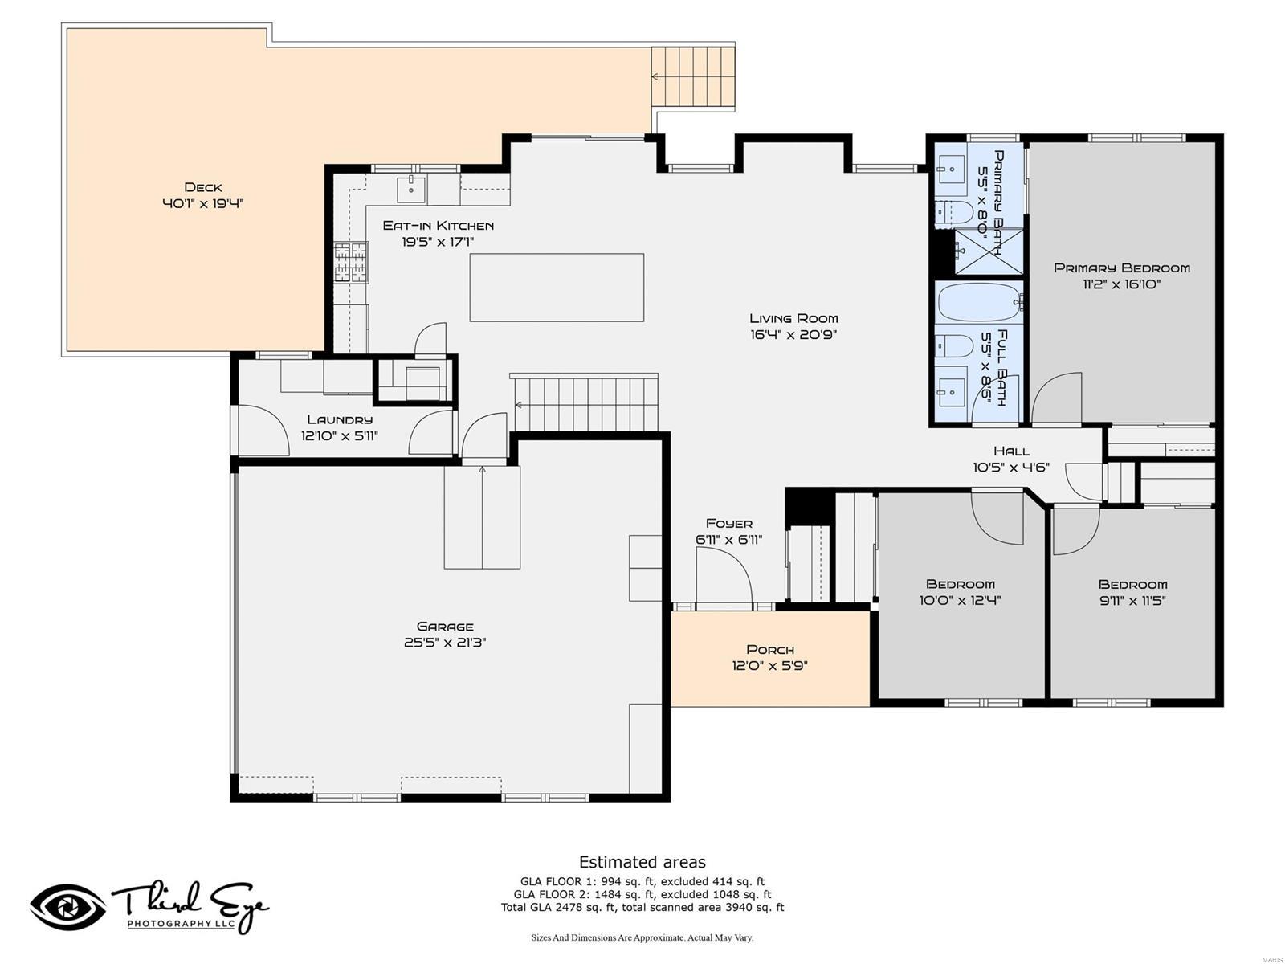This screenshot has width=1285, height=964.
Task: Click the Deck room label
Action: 202,187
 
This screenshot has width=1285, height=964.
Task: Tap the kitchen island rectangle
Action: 557,288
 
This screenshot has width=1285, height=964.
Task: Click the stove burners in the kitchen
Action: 351,263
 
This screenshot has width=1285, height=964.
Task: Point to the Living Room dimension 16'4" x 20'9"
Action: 793,335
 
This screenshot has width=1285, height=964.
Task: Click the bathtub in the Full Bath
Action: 979,302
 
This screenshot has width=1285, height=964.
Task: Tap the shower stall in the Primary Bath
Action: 988,251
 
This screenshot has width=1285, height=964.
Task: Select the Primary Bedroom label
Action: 1121,268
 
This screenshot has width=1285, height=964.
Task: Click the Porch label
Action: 769,649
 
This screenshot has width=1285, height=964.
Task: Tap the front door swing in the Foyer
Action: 723,576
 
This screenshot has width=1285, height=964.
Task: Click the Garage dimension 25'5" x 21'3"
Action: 445,643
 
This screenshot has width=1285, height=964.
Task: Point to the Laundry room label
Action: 340,419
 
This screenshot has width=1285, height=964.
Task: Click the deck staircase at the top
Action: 693,76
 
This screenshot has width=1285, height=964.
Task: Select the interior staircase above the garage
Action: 585,404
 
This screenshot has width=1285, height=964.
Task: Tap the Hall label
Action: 1011,451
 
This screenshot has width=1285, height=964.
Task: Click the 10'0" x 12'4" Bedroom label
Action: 960,584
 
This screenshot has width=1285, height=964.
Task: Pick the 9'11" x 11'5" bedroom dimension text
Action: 1132,601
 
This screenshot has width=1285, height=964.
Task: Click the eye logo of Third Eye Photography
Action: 68,907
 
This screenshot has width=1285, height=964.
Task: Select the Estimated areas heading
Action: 642,862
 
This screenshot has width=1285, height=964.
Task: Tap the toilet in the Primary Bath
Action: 954,212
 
